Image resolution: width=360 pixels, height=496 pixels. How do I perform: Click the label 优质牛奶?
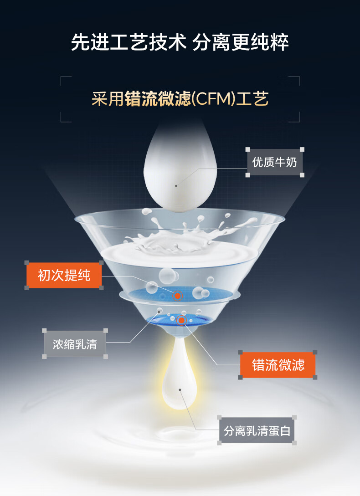click(x=274, y=162)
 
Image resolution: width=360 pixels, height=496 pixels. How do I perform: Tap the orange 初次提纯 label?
click(x=64, y=275)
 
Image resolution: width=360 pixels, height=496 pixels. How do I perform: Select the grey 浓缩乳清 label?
click(x=75, y=344)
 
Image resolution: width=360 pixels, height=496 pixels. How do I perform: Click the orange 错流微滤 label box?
click(x=278, y=365)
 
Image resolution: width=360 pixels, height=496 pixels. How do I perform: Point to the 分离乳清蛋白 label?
click(x=257, y=430)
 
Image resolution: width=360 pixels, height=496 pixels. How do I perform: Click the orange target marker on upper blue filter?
click(x=177, y=296)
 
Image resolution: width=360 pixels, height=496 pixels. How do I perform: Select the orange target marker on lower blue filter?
click(x=181, y=321)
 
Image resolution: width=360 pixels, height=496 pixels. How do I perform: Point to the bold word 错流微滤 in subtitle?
click(x=158, y=99)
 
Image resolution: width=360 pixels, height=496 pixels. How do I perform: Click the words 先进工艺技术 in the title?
click(x=129, y=43)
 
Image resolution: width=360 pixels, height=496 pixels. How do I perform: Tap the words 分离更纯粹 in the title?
click(x=241, y=43)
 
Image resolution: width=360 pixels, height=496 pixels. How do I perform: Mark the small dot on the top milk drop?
click(x=176, y=186)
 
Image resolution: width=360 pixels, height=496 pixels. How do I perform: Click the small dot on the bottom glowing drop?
click(x=180, y=390)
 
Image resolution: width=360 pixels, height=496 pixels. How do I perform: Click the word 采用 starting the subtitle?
click(x=108, y=99)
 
